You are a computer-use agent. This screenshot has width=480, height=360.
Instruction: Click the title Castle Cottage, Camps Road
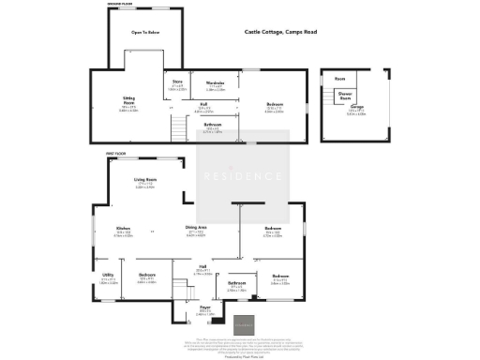[280, 32]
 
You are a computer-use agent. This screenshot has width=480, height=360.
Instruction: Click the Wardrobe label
[214, 86]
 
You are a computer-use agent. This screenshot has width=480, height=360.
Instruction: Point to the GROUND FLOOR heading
[117, 6]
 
